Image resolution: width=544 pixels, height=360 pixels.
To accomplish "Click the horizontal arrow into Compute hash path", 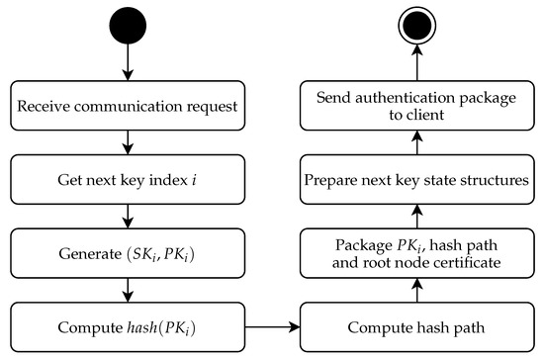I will (x=272, y=323).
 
